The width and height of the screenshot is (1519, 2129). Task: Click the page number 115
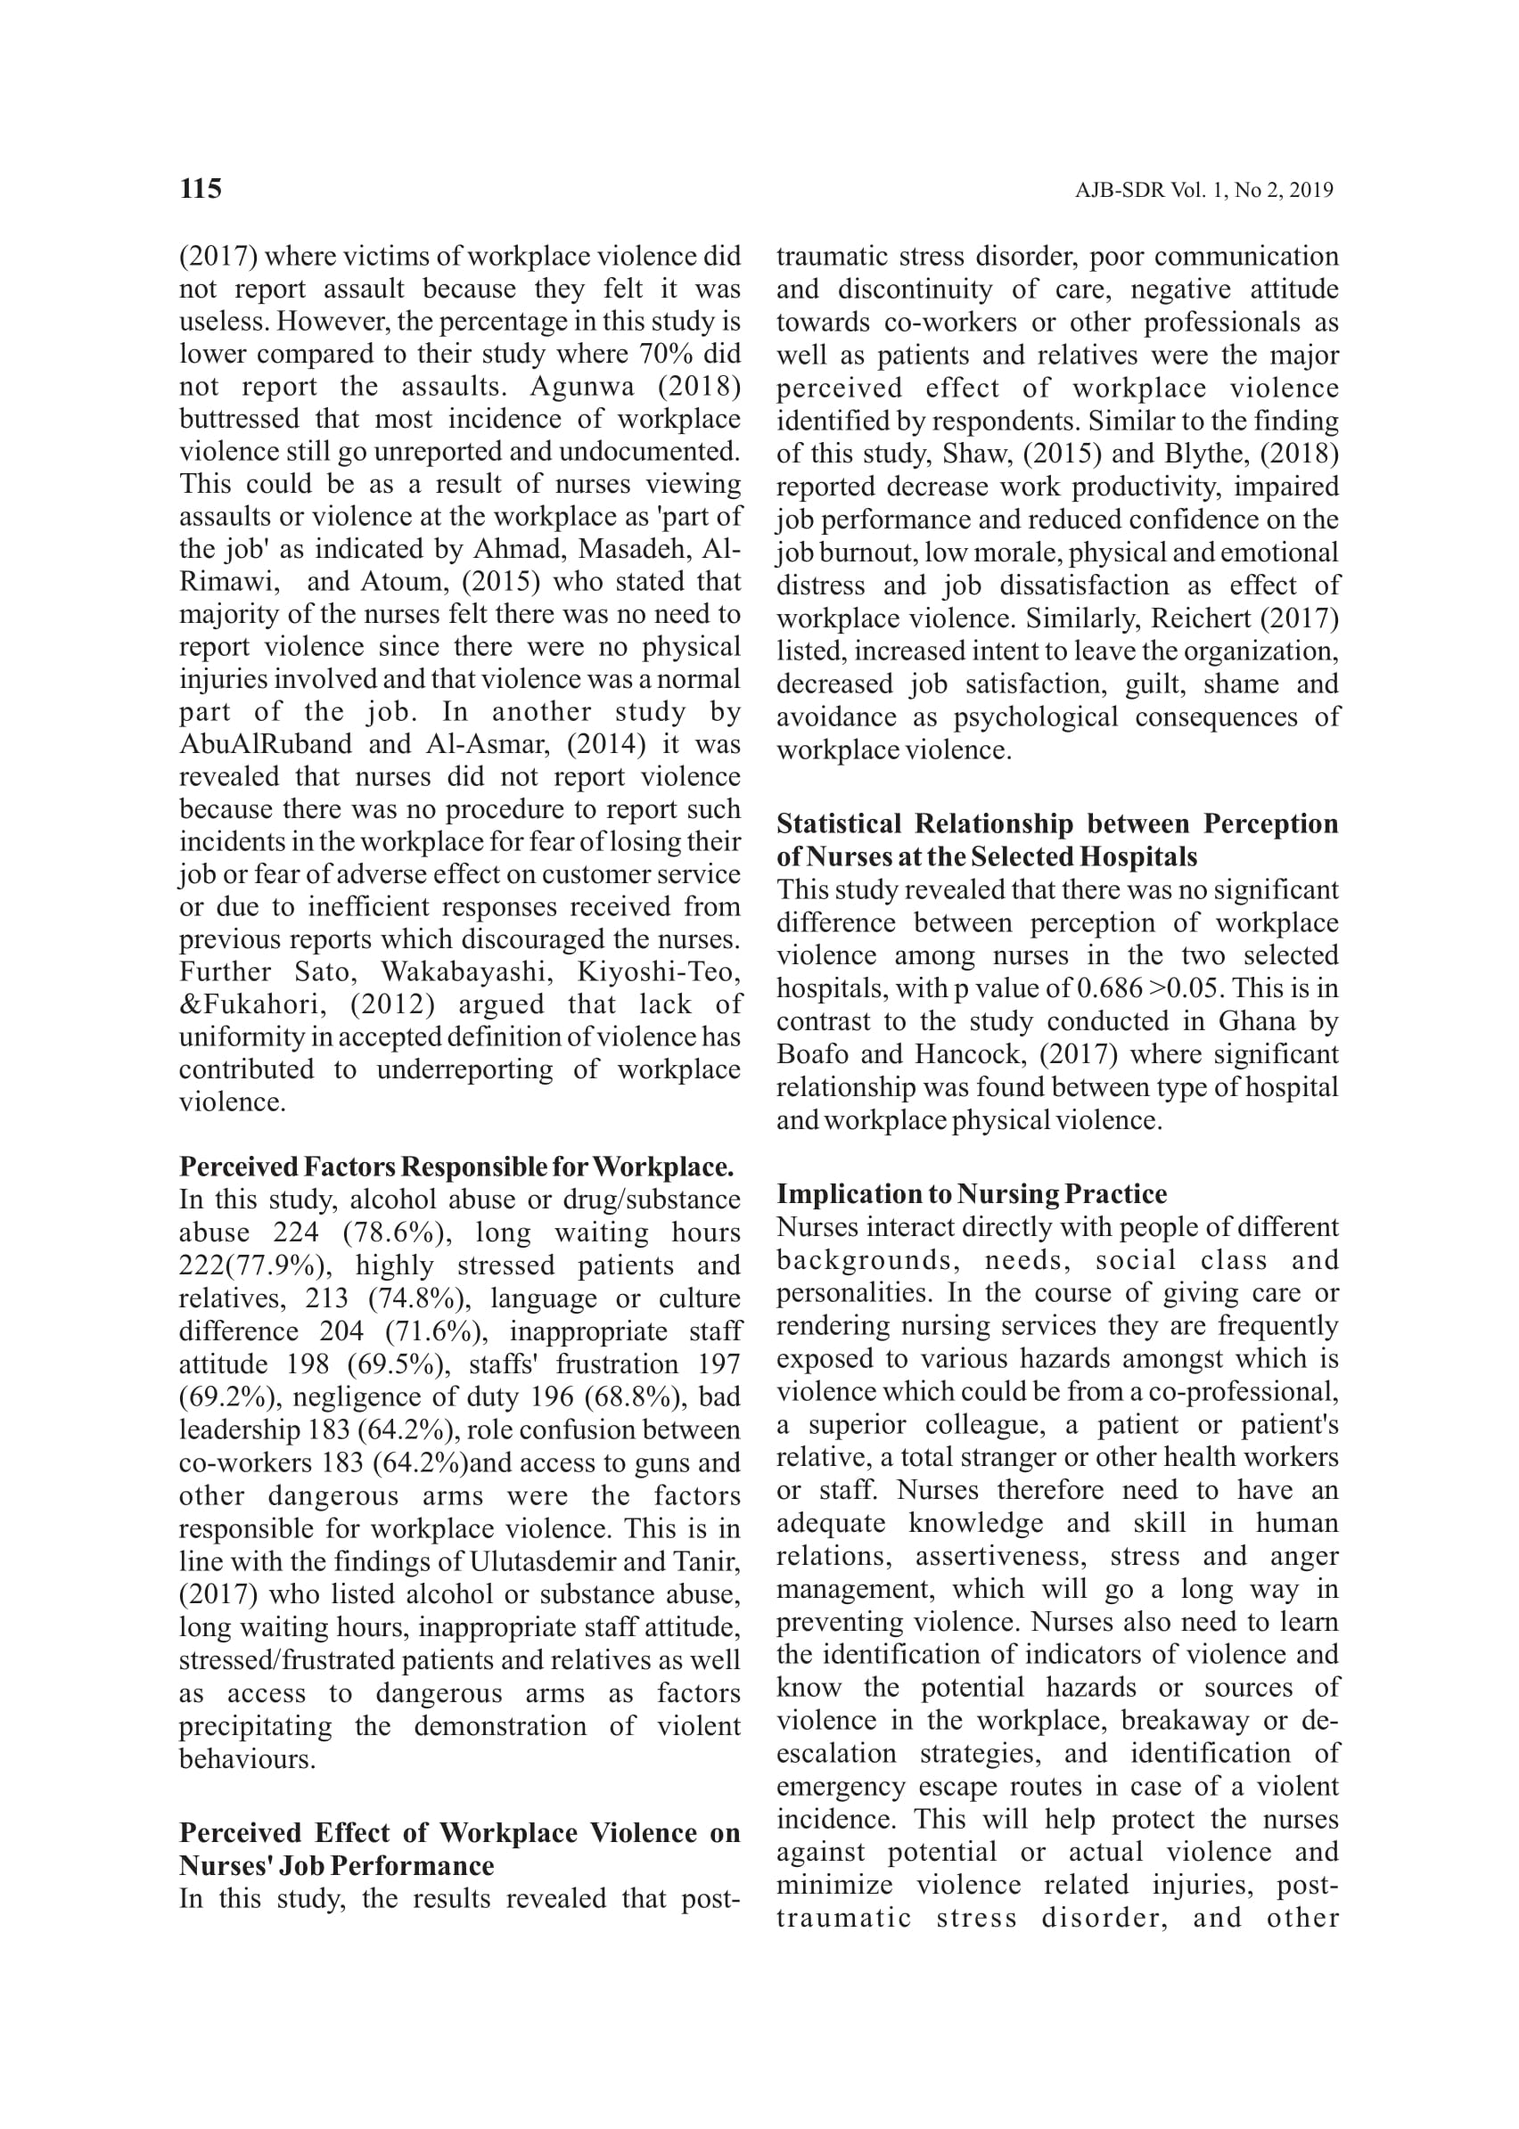[201, 189]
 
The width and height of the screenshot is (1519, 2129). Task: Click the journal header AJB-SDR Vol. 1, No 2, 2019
[1203, 191]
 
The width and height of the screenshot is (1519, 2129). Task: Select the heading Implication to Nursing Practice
[972, 1194]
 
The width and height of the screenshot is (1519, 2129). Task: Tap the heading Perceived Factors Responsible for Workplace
[456, 1167]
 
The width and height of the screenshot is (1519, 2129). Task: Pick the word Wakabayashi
[467, 971]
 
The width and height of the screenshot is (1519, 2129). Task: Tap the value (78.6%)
[398, 1232]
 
